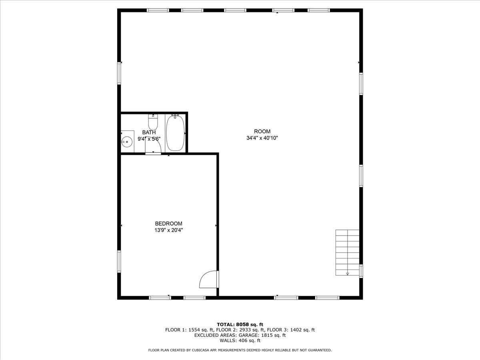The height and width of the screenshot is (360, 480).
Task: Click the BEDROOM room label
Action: [x=168, y=224]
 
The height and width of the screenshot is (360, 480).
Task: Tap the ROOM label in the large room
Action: [x=262, y=132]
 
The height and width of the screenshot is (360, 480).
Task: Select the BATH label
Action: [x=149, y=132]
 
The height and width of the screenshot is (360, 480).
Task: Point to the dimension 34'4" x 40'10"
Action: [x=262, y=138]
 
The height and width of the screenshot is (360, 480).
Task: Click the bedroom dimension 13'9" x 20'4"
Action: [x=168, y=230]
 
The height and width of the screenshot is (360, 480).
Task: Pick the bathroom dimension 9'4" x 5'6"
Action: [x=149, y=139]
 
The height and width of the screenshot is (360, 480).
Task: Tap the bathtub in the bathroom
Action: [x=175, y=133]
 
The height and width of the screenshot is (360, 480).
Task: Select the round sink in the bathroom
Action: [x=127, y=141]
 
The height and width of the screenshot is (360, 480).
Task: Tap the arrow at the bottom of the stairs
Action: [x=347, y=274]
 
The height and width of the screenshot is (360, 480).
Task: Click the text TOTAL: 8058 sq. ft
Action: [x=240, y=324]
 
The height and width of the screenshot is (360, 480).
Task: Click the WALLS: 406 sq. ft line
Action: [x=240, y=341]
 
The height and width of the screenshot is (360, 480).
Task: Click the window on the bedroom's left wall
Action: [x=119, y=261]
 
